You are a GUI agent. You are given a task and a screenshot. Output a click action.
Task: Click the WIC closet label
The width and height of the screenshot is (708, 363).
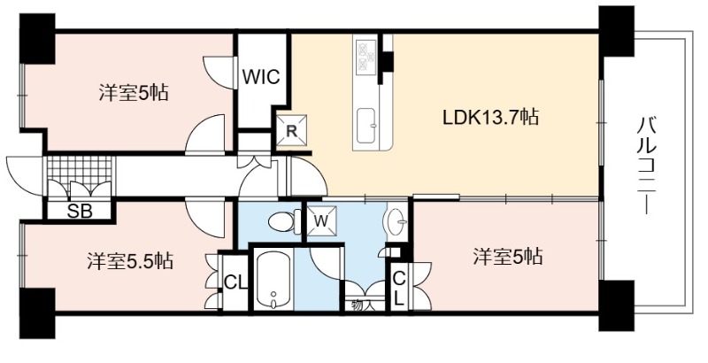261,77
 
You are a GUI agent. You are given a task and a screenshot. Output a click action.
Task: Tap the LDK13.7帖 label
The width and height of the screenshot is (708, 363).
490,118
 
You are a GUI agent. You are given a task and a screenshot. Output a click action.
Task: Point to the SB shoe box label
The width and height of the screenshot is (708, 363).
80,211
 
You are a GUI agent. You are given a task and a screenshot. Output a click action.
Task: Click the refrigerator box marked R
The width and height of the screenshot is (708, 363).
291,130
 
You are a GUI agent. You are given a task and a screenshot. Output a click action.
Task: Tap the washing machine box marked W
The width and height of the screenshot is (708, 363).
321,220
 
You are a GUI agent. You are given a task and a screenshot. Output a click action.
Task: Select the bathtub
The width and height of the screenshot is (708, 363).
273,280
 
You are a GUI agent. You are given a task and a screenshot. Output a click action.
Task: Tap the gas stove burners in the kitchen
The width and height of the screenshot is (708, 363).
366,58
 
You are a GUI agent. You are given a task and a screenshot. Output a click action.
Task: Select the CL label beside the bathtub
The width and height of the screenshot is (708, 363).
235,283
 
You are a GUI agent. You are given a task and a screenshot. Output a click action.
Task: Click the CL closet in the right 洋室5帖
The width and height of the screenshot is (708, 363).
399,289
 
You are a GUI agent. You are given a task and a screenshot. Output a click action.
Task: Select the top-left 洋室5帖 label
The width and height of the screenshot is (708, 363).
134,94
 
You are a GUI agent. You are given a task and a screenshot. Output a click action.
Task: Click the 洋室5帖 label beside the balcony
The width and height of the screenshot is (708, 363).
507,257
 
